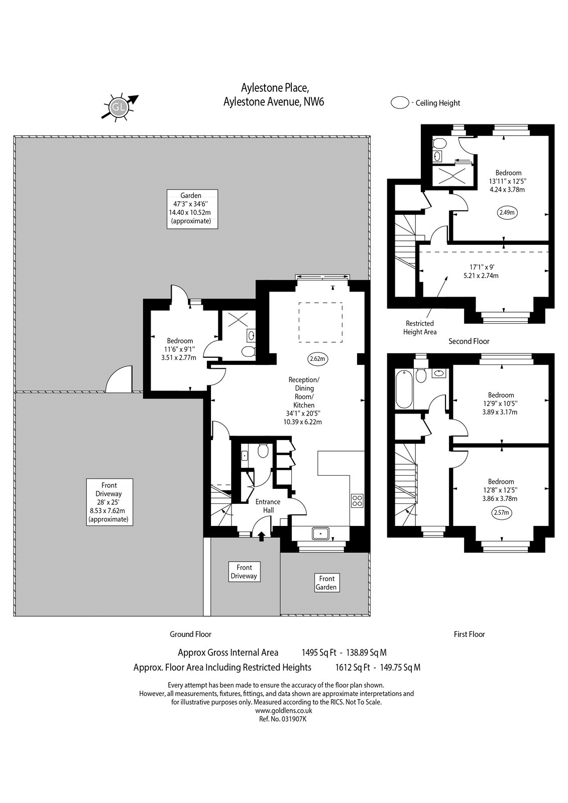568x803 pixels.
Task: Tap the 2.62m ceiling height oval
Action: pos(318,358)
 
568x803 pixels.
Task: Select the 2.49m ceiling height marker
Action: pos(508,212)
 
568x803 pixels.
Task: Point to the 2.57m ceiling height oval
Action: pos(501,512)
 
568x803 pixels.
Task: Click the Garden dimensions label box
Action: pos(192,209)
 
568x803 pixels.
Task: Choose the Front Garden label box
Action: pos(326,583)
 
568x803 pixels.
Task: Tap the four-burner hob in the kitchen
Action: pos(358,500)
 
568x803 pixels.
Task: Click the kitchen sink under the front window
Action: pos(320,533)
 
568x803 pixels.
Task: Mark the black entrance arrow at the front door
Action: pos(262,537)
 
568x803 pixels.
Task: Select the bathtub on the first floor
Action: pos(404,389)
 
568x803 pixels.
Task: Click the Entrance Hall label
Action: pos(268,506)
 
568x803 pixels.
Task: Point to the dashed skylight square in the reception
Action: pos(320,322)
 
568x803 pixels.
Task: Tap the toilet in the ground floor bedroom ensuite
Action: pos(248,351)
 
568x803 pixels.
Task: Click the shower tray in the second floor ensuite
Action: pos(453,176)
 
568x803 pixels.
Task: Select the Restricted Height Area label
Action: pos(420,328)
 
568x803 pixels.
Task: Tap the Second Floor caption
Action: pos(469,341)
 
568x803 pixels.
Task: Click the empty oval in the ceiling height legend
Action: pos(400,103)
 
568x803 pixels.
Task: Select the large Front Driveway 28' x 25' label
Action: pos(109,502)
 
